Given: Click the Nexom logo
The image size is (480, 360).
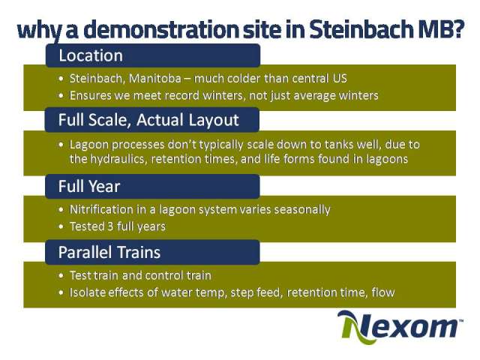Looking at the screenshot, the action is (x=400, y=327).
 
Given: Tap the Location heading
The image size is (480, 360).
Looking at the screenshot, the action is (x=91, y=55).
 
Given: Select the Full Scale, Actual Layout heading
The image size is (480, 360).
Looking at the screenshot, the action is (x=148, y=120).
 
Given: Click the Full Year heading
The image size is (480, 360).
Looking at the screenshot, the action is (x=89, y=186).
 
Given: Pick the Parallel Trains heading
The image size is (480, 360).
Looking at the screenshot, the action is (x=109, y=252).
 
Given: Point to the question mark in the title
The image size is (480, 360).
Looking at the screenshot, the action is (x=457, y=29).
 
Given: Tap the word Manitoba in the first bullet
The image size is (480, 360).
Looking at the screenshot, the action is (x=155, y=79).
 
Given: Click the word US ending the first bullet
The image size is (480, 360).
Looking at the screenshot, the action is (x=340, y=79).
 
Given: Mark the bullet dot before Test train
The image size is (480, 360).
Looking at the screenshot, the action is (x=61, y=276).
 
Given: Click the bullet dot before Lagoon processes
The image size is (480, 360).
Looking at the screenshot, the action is (x=61, y=145).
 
